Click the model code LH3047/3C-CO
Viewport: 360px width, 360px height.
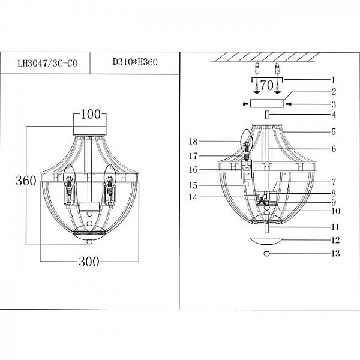pos(48,63)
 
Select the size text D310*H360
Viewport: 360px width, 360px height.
pos(135,62)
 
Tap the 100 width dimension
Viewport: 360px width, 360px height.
pos(91,115)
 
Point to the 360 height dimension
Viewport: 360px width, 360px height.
pos(26,181)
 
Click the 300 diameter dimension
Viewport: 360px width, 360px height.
pos(89,262)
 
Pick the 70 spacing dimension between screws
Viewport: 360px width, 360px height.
pos(267,86)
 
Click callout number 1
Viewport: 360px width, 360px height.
pos(334,80)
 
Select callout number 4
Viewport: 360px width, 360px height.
pos(334,115)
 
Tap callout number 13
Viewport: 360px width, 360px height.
pos(335,253)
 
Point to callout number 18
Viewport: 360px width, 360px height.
pos(193,142)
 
